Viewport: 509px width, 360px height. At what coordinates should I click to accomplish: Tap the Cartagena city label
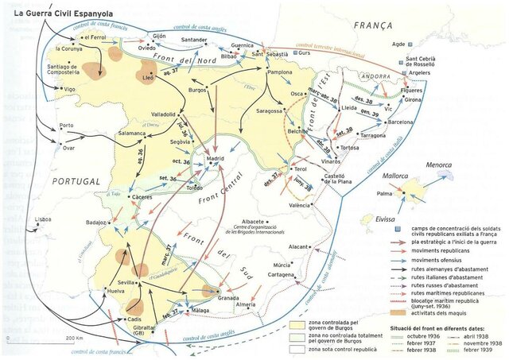[280, 273]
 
